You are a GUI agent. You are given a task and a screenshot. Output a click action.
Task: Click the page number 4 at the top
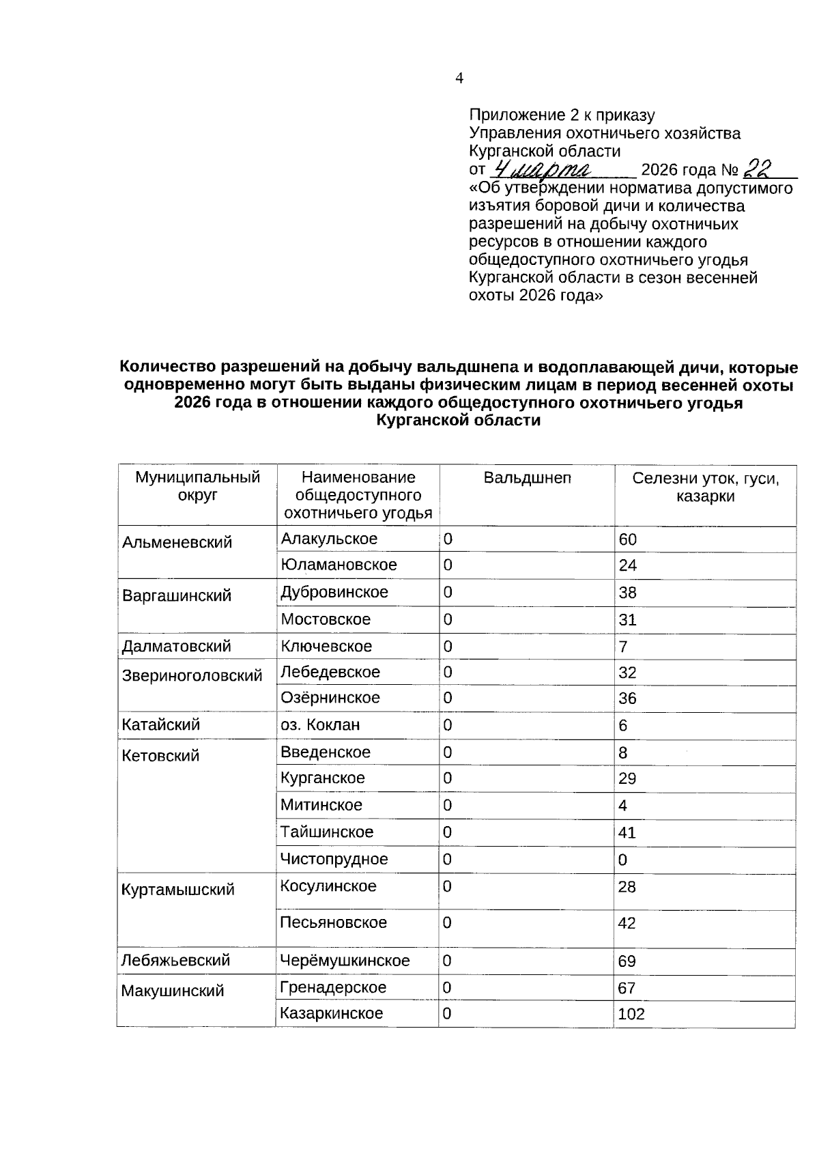(x=459, y=79)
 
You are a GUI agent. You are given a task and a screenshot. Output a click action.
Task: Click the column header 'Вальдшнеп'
(x=527, y=478)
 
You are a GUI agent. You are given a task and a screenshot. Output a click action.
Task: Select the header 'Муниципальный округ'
(x=197, y=486)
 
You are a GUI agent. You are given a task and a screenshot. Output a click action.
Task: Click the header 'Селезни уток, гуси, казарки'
(x=705, y=487)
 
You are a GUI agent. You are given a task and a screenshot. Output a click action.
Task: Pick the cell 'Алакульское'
(x=329, y=539)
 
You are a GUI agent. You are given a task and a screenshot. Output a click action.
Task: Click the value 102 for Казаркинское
(x=631, y=1014)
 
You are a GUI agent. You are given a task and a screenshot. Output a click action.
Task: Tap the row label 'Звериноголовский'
(x=192, y=676)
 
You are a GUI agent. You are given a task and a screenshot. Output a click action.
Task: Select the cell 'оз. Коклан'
(x=320, y=724)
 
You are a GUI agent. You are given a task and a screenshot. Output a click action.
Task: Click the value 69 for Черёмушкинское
(x=627, y=961)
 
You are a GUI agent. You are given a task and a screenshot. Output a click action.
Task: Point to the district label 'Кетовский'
(x=160, y=756)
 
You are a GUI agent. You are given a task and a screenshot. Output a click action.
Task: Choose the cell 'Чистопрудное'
(x=334, y=859)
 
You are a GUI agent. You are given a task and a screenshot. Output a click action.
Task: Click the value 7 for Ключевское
(x=623, y=647)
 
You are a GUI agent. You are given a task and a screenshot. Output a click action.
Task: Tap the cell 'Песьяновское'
(x=333, y=922)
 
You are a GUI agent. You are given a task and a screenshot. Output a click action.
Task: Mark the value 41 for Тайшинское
(x=627, y=832)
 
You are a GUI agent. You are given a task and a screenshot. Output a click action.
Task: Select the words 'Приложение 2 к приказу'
(x=562, y=115)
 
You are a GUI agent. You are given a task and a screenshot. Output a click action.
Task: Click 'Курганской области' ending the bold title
(x=458, y=421)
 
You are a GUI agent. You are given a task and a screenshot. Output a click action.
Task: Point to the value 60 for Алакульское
(x=627, y=539)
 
